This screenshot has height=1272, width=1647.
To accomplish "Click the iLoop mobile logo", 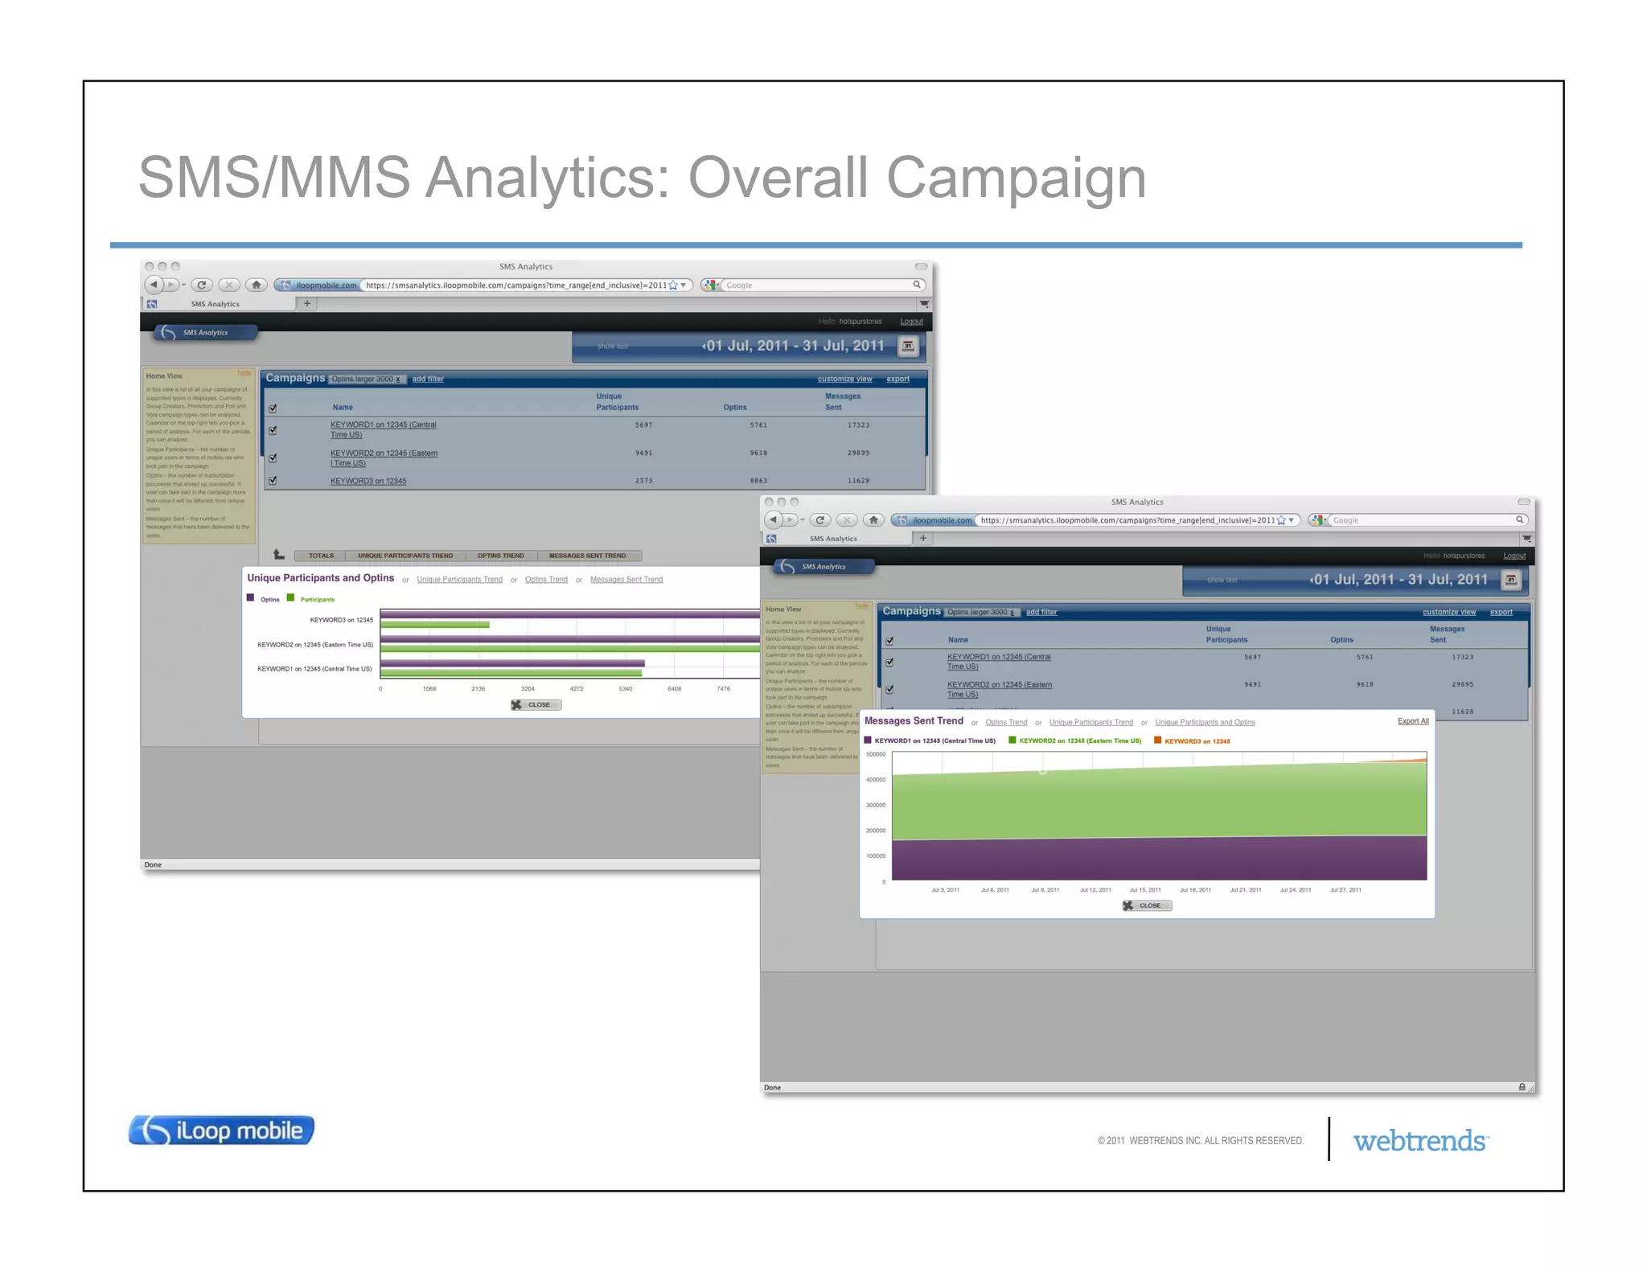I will [x=221, y=1130].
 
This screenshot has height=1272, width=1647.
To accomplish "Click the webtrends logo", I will [x=1420, y=1141].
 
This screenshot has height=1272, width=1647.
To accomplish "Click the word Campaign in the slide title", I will [x=1016, y=178].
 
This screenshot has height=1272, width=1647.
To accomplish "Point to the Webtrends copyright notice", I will [x=1200, y=1141].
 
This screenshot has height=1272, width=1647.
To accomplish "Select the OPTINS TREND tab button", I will [x=500, y=556].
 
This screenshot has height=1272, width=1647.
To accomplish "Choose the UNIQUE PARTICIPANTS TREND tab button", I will [x=405, y=556].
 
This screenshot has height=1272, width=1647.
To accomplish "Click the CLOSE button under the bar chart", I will [x=536, y=705].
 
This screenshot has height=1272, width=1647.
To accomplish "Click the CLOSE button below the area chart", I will [x=1147, y=905].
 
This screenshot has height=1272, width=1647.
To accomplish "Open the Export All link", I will [x=1413, y=721].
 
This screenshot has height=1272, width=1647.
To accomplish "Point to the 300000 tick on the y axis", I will [x=875, y=805].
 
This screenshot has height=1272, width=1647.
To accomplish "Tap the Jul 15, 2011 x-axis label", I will [x=1145, y=890].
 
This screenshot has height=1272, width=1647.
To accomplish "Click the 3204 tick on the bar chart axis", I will [x=528, y=689].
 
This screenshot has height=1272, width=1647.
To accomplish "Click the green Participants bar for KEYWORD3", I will [x=434, y=625].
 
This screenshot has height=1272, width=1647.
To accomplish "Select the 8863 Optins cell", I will [x=758, y=481].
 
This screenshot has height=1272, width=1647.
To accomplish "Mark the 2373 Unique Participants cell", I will [x=643, y=481].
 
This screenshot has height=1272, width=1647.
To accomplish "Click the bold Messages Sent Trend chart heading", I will [x=914, y=721].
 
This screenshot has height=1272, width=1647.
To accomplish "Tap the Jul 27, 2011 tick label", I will [x=1345, y=890].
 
